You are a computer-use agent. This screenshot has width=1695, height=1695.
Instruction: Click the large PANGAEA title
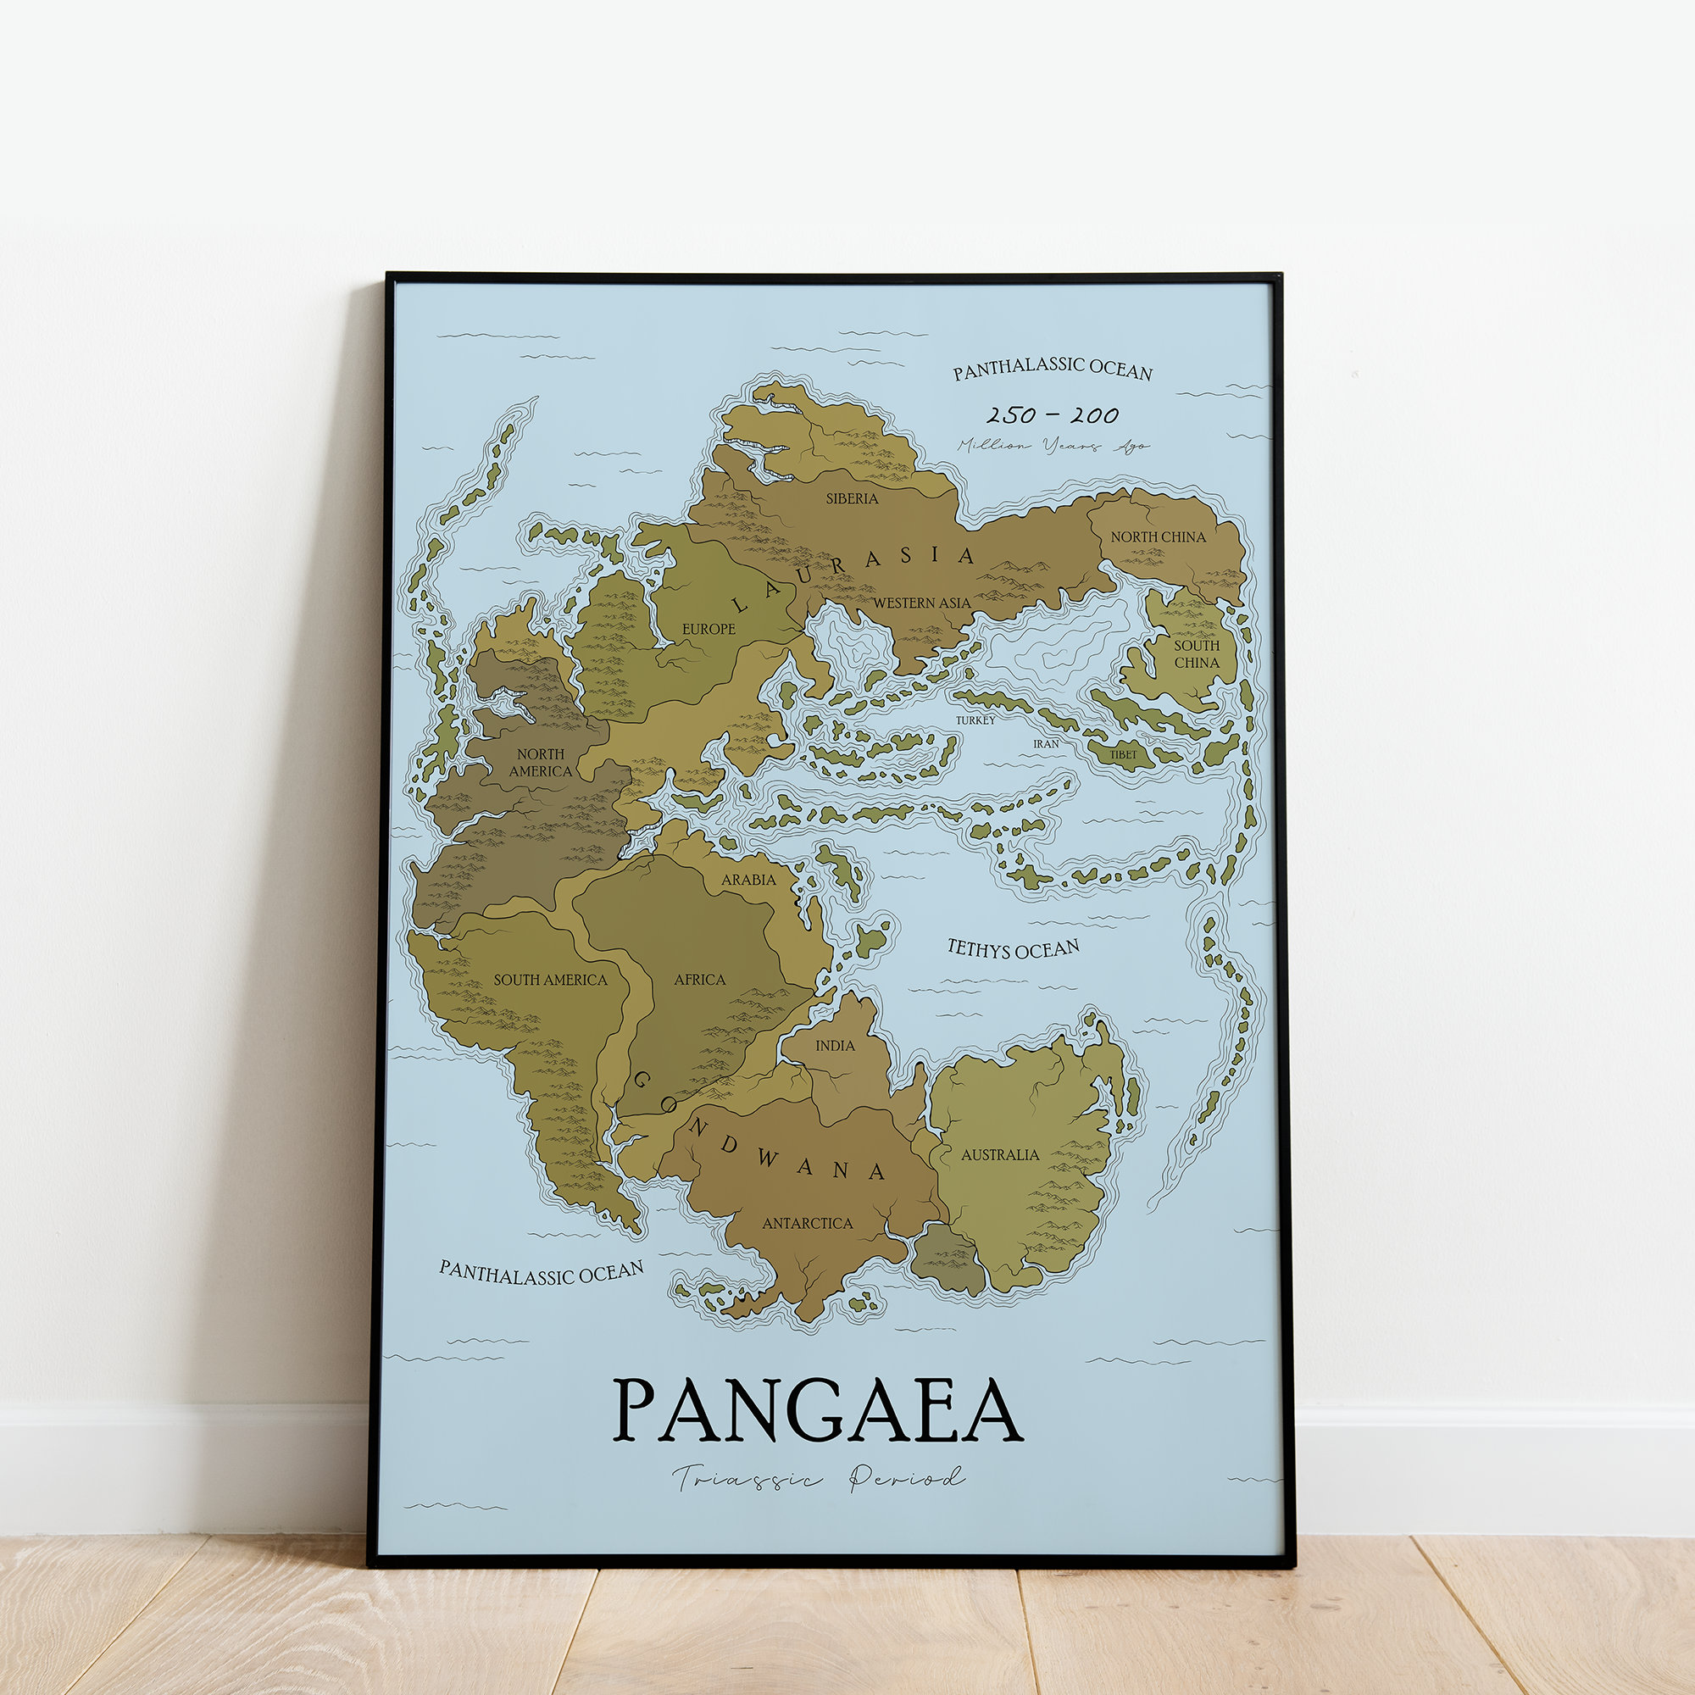tap(817, 1411)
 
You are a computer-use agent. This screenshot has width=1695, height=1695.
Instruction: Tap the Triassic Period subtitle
tap(819, 1478)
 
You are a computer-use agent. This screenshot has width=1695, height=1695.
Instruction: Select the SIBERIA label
tap(851, 498)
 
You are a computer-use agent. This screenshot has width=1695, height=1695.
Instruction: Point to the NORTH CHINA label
tap(1158, 537)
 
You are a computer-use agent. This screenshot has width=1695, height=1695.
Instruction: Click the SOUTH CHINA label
tap(1197, 653)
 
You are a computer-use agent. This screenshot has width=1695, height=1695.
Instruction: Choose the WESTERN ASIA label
tap(921, 603)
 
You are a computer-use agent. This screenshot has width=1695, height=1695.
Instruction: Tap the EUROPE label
tap(709, 629)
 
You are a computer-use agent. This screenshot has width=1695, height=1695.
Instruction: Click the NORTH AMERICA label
tap(541, 763)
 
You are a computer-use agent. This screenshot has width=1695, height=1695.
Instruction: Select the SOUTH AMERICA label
tap(550, 980)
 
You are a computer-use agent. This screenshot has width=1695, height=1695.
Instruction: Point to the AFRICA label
tap(699, 979)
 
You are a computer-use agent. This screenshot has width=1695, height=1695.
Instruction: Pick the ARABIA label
tap(748, 879)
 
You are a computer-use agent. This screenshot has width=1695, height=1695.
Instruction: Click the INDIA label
tap(834, 1046)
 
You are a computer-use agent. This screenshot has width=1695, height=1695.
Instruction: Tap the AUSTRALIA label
tap(1000, 1154)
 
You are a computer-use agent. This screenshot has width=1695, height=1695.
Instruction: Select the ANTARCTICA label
tap(807, 1223)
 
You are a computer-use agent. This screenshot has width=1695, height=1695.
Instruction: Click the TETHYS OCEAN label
tap(1014, 948)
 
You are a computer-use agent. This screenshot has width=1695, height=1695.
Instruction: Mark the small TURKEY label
tap(975, 720)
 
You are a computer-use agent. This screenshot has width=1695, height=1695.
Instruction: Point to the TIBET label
tap(1123, 754)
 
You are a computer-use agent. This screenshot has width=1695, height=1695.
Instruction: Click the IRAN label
tap(1046, 744)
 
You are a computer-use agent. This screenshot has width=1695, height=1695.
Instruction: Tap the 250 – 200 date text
tap(1052, 415)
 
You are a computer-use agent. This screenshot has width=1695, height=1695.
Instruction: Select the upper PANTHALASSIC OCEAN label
tap(1053, 370)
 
